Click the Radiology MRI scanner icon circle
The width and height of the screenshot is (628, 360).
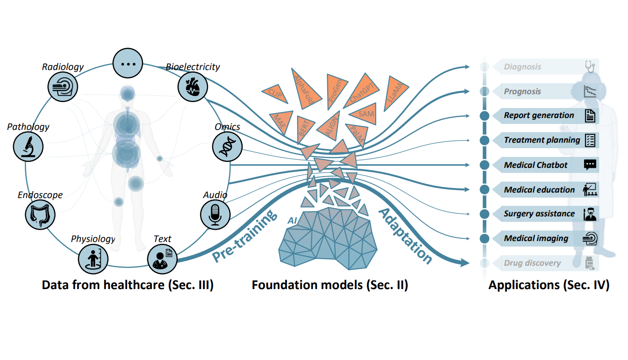tap(63, 86)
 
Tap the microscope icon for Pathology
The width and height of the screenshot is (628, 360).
tap(28, 146)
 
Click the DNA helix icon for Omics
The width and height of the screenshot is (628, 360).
tap(227, 146)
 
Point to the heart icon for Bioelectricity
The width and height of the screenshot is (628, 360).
tap(192, 87)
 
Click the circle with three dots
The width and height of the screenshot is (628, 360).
tap(128, 63)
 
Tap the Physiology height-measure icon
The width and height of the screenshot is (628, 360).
tap(92, 258)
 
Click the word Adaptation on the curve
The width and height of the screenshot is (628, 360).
tap(406, 236)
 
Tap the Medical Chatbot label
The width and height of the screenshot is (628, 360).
tap(536, 165)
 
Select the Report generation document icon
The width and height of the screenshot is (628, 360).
tap(590, 116)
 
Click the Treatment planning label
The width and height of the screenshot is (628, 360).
tap(541, 140)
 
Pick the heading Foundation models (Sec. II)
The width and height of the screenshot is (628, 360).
tap(330, 285)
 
